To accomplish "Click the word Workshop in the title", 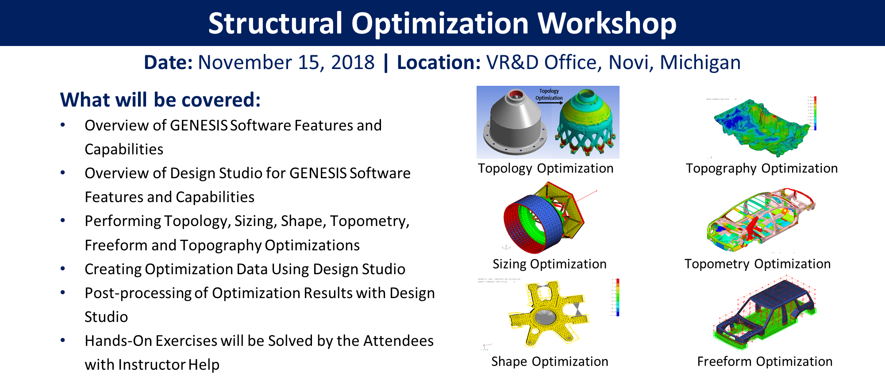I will click(x=607, y=23).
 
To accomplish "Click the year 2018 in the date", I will click(x=352, y=62).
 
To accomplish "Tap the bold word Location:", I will click(x=439, y=62).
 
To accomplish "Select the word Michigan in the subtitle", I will click(x=700, y=62).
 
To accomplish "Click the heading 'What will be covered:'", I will click(x=160, y=100).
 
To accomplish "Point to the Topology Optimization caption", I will click(x=545, y=169).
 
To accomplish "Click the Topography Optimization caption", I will click(x=762, y=169).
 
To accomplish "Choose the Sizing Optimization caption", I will click(x=549, y=264).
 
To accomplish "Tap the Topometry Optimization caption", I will click(x=757, y=264).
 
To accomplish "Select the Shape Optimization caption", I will click(x=549, y=362).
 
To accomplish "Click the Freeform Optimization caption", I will click(x=765, y=362).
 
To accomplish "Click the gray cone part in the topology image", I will click(x=515, y=122).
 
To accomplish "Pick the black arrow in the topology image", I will click(x=550, y=103).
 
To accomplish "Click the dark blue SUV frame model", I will click(x=766, y=310).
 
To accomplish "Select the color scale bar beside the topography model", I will click(x=815, y=113).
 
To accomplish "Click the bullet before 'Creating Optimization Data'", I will click(x=63, y=268).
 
